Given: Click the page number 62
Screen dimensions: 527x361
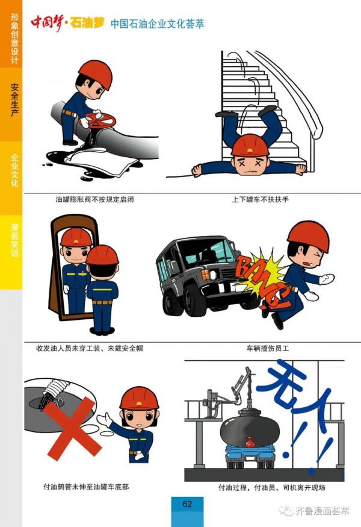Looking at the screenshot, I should pyautogui.click(x=187, y=504).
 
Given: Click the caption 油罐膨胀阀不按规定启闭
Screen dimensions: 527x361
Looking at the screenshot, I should pyautogui.click(x=94, y=199).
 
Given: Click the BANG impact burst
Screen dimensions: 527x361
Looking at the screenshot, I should pyautogui.click(x=259, y=277).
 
